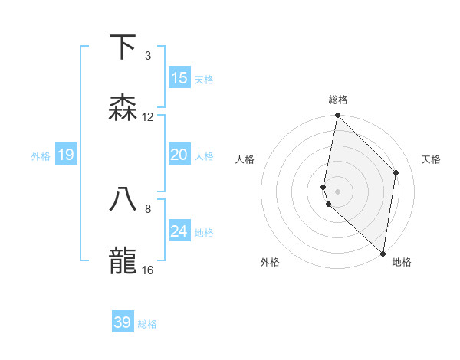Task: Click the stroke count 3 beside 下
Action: click(x=147, y=56)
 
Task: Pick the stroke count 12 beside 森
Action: click(x=148, y=117)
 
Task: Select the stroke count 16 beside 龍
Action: click(x=148, y=270)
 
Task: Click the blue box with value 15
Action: click(x=179, y=78)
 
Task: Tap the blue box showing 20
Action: click(x=179, y=155)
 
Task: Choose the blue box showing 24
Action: click(x=179, y=231)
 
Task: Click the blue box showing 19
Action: click(x=66, y=155)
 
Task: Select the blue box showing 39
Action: click(x=123, y=322)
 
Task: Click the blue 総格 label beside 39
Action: click(x=147, y=324)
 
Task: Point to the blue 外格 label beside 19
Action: click(x=41, y=156)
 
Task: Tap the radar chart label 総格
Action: click(x=338, y=100)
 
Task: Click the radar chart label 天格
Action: click(x=431, y=159)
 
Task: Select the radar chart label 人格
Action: click(x=245, y=159)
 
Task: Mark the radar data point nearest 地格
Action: click(x=383, y=253)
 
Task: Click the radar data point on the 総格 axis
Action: click(x=337, y=116)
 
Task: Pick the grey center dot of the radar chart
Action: click(x=337, y=191)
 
